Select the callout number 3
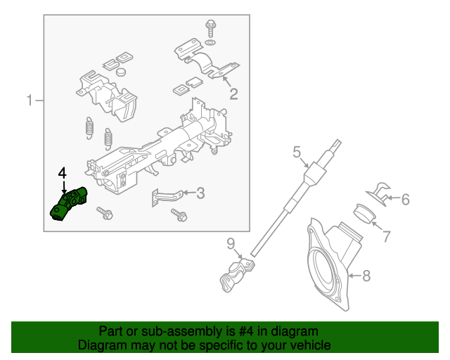[200, 193]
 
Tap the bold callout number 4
[63, 172]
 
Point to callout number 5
[297, 151]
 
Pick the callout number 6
[405, 200]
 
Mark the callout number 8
[366, 276]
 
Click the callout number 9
[230, 244]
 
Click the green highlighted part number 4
[70, 203]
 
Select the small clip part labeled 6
[379, 191]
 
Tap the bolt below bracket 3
[179, 215]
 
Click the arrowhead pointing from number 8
[349, 275]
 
